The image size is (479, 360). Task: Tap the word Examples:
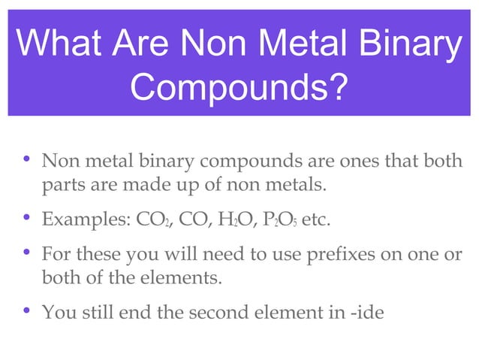[85, 222]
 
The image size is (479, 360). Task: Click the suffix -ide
[365, 311]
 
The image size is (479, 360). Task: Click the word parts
[62, 185]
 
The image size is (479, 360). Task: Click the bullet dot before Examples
[26, 219]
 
